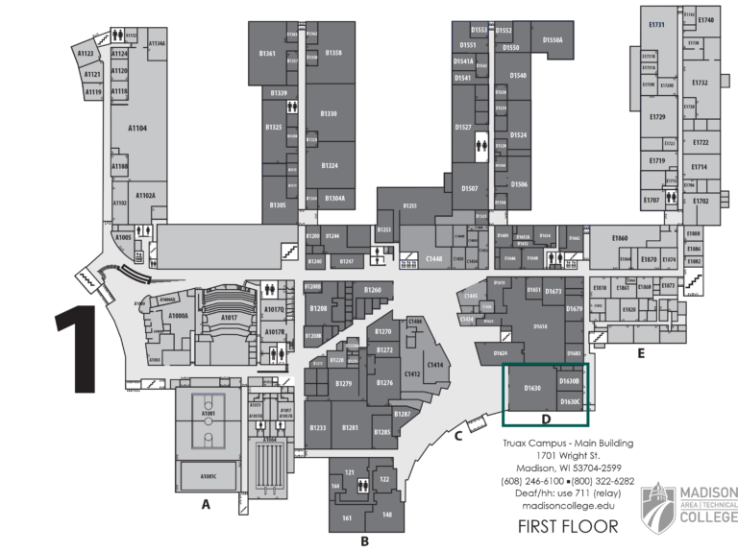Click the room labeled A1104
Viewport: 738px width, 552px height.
point(137,126)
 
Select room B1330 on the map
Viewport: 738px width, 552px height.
point(329,114)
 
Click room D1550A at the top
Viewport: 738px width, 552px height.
point(552,39)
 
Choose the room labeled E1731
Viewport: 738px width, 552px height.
point(657,26)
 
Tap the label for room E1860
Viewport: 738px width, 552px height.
point(620,238)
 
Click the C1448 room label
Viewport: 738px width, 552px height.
point(434,258)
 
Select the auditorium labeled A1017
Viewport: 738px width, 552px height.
point(228,318)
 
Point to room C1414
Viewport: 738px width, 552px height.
point(435,365)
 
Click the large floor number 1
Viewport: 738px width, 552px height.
point(81,349)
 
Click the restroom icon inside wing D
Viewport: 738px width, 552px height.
point(482,145)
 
